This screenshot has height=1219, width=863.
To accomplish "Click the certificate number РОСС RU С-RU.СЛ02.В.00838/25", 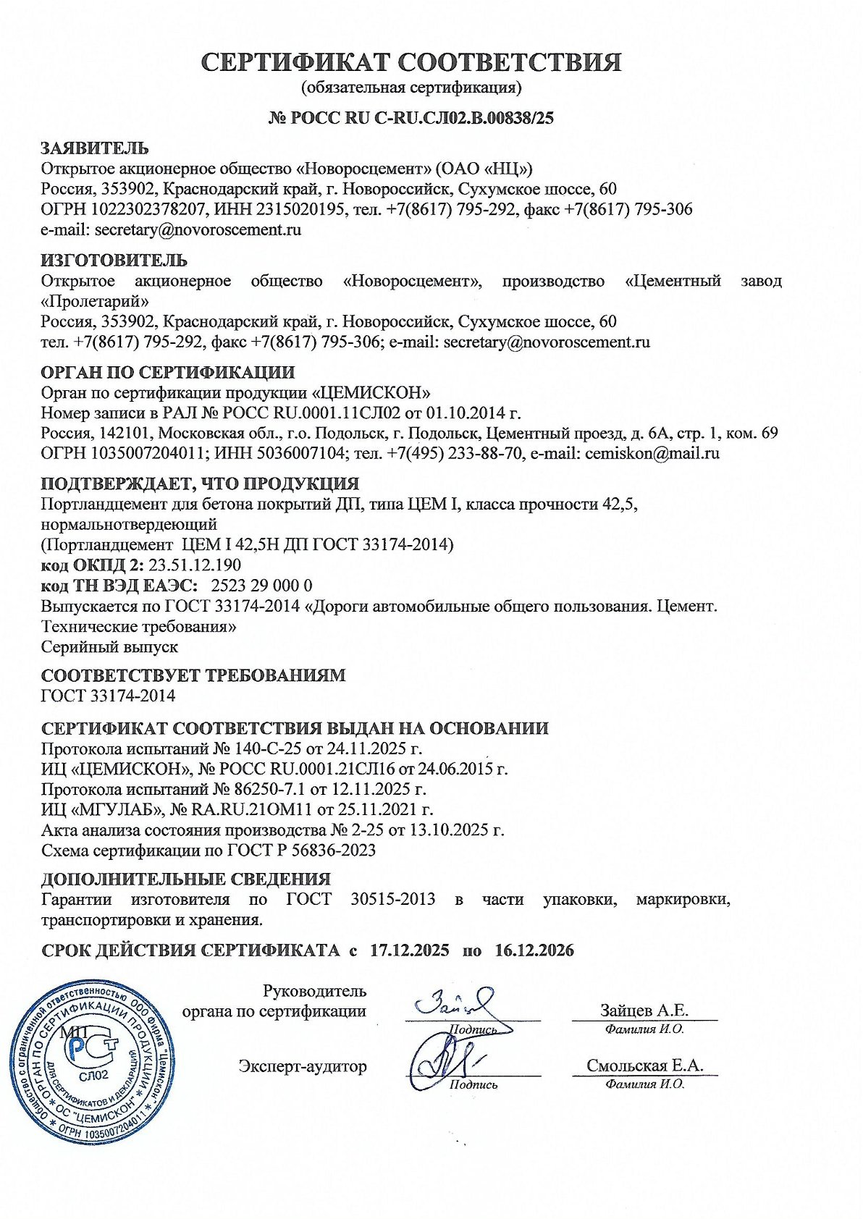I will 422,118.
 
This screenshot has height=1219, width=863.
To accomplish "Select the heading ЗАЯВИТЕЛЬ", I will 95,148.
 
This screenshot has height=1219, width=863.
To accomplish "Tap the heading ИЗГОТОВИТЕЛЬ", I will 114,260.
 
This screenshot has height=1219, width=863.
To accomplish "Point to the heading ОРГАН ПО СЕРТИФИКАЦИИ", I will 168,373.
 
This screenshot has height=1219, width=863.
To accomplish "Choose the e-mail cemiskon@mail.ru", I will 652,454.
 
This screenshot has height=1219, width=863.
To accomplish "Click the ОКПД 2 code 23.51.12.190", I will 195,565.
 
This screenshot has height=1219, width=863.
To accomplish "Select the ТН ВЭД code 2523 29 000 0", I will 261,585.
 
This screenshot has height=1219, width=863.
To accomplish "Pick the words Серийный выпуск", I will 109,646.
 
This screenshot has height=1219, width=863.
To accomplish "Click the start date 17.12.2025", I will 409,950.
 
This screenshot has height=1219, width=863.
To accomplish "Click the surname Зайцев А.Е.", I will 644,1011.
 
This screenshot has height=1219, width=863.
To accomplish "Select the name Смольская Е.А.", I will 644,1066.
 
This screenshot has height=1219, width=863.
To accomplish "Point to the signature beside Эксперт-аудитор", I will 442,1062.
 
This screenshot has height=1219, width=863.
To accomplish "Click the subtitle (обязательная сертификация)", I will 411,88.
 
